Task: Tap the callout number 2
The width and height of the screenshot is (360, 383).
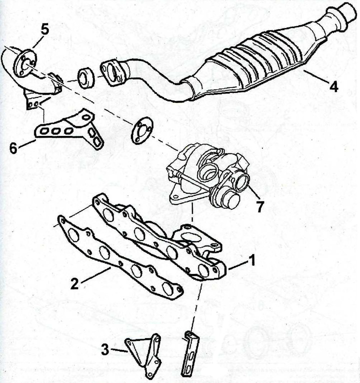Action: pos(74,283)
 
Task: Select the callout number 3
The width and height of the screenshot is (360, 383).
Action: pos(105,349)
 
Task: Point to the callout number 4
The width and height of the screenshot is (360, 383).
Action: pos(334,86)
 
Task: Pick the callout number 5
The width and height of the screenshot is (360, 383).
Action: pos(44,29)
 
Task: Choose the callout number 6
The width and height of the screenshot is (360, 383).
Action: pos(13,148)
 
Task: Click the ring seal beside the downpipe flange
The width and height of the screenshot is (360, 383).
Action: pos(86,78)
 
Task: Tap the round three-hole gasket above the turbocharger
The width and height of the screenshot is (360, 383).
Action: pos(142,131)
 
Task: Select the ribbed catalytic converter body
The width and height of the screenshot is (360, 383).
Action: pos(254,61)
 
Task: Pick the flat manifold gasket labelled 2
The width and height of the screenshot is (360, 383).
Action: pos(119,256)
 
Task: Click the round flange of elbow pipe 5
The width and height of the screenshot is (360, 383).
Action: pos(25,63)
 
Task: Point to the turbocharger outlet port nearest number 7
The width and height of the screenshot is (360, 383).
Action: pos(242,182)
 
